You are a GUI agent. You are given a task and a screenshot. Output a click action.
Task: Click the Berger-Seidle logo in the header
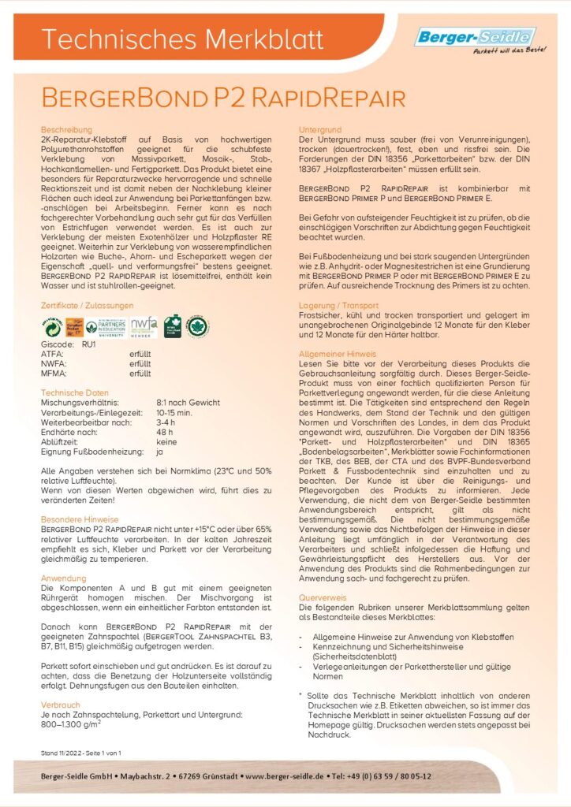coord(475,36)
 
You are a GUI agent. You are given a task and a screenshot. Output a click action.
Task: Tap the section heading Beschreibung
coord(66,128)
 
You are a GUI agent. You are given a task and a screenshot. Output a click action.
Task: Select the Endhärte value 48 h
coord(164,432)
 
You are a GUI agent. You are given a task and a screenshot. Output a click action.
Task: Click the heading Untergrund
coord(319,128)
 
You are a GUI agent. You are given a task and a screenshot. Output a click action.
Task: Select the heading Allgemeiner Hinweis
coord(338,355)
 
